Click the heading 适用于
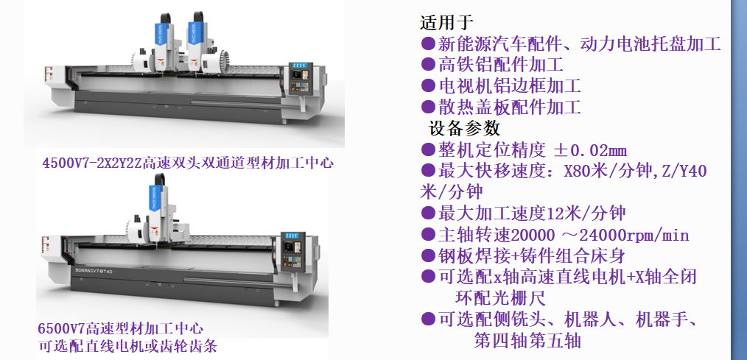tap(446, 22)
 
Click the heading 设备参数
tap(465, 128)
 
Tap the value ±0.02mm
tap(590, 150)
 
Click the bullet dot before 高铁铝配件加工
tap(428, 64)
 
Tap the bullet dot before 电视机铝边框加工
tap(428, 85)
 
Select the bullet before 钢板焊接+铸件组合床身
tap(428, 255)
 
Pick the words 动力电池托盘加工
tap(650, 44)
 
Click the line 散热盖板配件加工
tap(509, 107)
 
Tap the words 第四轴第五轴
tap(527, 340)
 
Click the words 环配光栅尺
tap(500, 298)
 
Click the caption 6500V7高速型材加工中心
tap(121, 328)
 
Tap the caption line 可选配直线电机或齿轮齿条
tap(127, 346)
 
